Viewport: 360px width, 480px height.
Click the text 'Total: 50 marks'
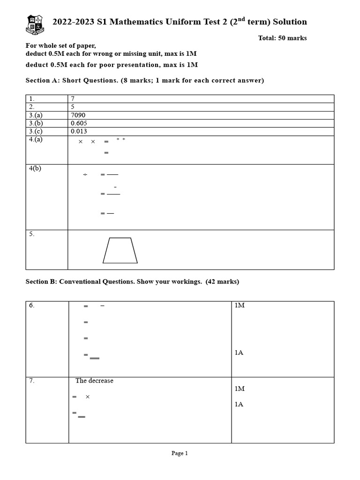(282, 38)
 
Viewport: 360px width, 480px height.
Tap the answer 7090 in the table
(78, 115)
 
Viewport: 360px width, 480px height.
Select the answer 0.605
(79, 123)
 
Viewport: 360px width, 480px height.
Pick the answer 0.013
(79, 132)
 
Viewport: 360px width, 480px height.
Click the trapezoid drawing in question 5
(120, 250)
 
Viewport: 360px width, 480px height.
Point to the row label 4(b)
(35, 169)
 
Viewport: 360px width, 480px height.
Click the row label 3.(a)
(36, 115)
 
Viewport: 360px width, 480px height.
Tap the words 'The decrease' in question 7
(94, 381)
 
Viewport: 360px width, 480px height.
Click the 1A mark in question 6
(239, 353)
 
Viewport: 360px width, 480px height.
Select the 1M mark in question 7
(240, 389)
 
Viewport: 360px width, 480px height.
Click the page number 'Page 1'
(180, 453)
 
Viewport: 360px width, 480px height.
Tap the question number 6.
(31, 306)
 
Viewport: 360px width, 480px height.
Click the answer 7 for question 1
(73, 98)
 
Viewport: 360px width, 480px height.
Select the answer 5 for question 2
(73, 107)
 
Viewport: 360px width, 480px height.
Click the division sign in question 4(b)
(85, 175)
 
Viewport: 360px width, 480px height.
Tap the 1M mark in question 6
(240, 306)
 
